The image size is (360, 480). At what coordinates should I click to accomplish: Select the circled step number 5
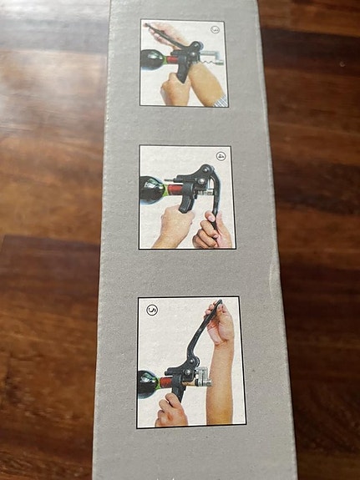click(151, 310)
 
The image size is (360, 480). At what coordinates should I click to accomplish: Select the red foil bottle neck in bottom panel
click(168, 385)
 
